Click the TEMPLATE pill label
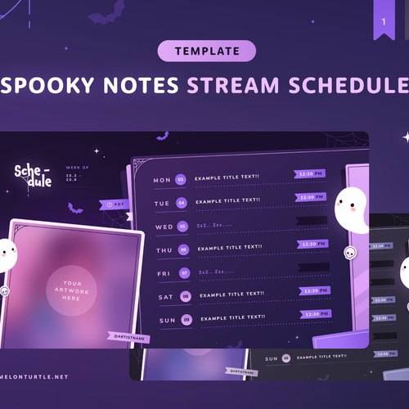click(207, 51)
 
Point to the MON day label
click(162, 179)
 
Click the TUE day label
click(162, 203)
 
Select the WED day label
click(163, 227)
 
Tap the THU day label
click(163, 249)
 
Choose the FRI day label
click(164, 272)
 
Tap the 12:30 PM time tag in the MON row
click(311, 174)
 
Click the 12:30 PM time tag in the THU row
click(312, 244)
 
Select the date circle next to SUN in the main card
click(186, 319)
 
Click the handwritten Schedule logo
click(34, 175)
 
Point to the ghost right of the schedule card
click(353, 211)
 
